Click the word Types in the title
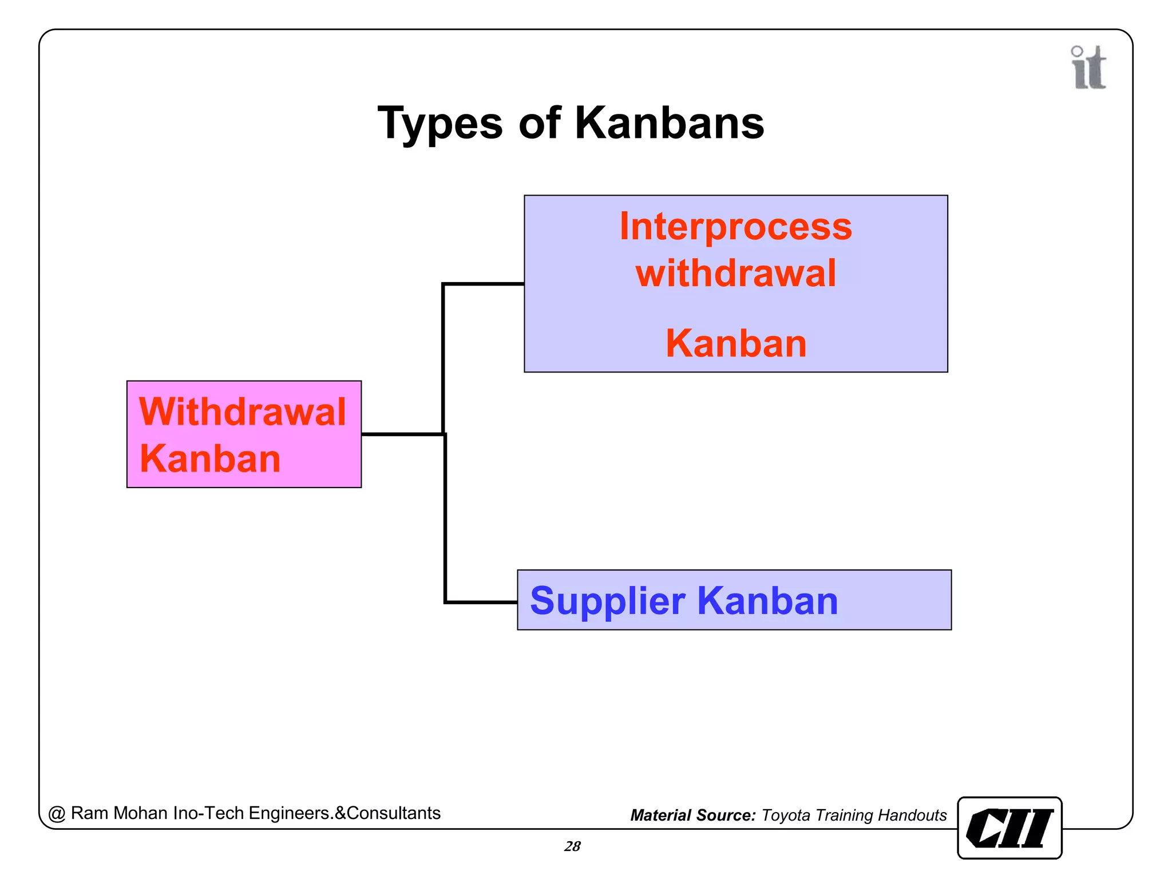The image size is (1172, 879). pyautogui.click(x=439, y=124)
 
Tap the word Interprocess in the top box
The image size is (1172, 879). pyautogui.click(x=736, y=227)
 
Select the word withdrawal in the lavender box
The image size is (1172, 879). pyautogui.click(x=736, y=273)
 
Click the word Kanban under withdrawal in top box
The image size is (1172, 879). pyautogui.click(x=736, y=343)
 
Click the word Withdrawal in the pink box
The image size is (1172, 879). pyautogui.click(x=243, y=411)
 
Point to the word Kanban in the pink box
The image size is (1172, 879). pyautogui.click(x=210, y=459)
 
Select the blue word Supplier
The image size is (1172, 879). pyautogui.click(x=607, y=601)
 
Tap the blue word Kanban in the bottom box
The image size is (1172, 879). pyautogui.click(x=767, y=601)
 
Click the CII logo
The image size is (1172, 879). pyautogui.click(x=1009, y=828)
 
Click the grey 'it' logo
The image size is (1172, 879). pyautogui.click(x=1088, y=68)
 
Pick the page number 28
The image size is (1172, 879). pyautogui.click(x=572, y=846)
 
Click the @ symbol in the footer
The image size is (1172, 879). pyautogui.click(x=57, y=814)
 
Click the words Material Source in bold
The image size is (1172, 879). pyautogui.click(x=693, y=815)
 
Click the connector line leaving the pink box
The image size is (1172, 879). pyautogui.click(x=401, y=434)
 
